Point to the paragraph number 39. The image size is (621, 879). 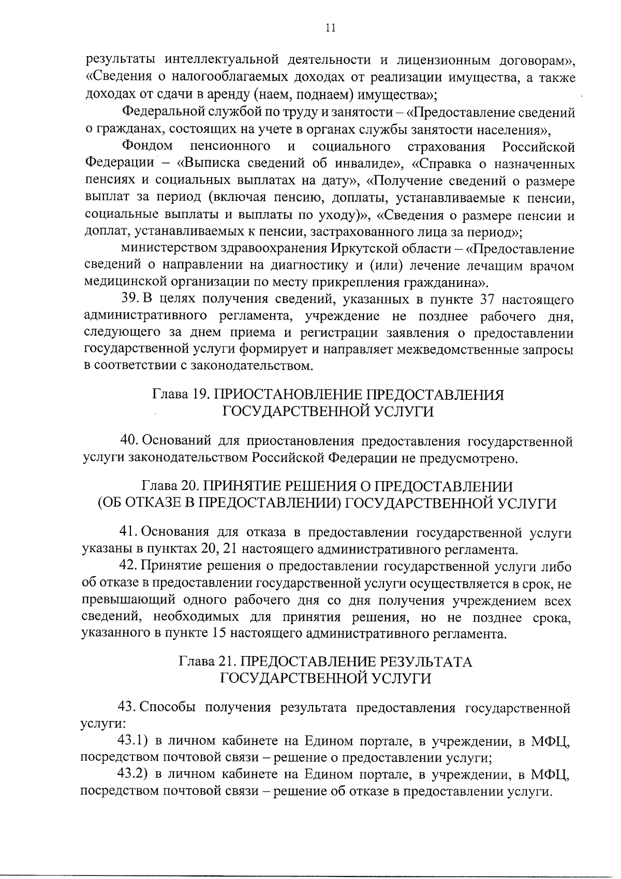coord(128,299)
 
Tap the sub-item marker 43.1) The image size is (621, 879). coord(134,742)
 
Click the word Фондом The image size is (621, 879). coord(147,147)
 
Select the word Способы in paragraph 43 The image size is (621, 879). coord(168,708)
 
